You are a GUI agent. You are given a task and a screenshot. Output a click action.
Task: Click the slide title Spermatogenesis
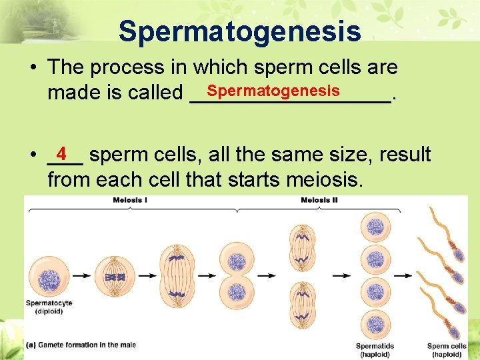(x=240, y=31)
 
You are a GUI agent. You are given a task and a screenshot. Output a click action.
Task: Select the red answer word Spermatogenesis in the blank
(x=273, y=90)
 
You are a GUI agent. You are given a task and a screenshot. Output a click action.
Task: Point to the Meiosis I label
(x=131, y=200)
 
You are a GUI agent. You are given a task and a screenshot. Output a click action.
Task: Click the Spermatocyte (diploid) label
(x=49, y=307)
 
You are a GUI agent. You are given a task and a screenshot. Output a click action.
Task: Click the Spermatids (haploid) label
(x=375, y=350)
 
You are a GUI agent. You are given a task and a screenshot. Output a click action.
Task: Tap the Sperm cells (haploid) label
(x=447, y=350)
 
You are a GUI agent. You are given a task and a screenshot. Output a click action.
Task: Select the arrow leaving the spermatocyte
(x=82, y=275)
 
